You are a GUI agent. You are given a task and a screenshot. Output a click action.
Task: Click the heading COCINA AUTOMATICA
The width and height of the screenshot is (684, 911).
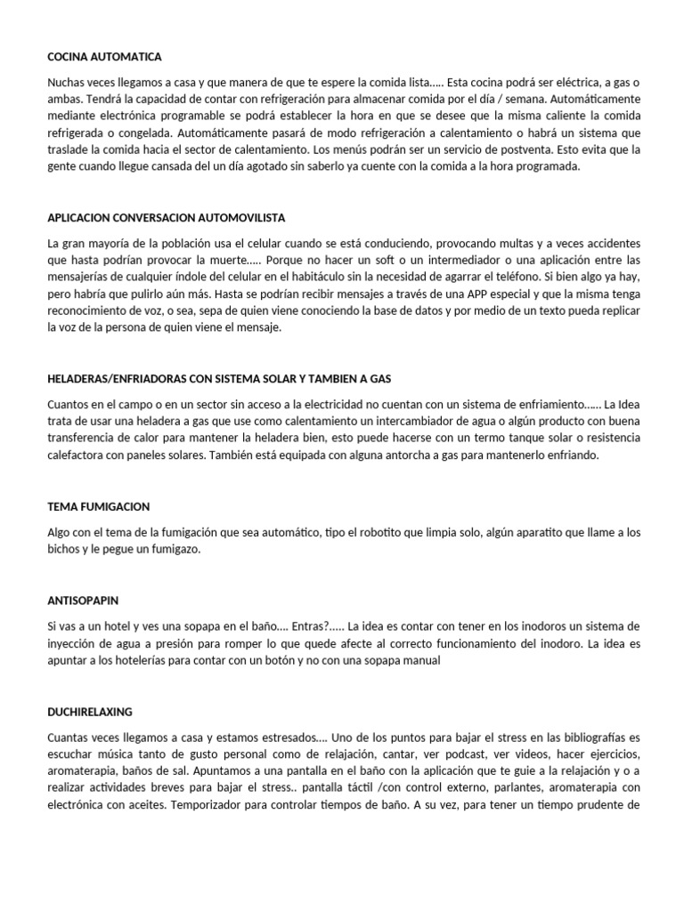point(104,57)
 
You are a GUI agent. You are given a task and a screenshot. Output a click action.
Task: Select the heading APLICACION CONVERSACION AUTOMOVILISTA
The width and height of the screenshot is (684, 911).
point(166,217)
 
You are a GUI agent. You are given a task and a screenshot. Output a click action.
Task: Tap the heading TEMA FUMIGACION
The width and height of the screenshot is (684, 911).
point(99,506)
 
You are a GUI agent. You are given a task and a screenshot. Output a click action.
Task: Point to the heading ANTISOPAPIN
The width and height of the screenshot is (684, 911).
point(83,601)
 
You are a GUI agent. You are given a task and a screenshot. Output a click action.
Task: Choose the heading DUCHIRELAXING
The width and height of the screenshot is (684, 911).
point(90,713)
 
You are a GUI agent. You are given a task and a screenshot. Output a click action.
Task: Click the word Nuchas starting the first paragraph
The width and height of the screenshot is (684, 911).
point(65,81)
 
